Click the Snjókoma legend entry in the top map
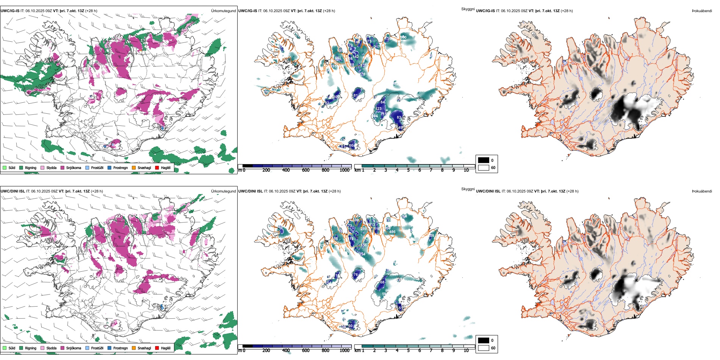(x=74, y=167)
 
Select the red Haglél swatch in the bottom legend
(x=157, y=348)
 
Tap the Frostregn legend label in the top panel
(x=120, y=167)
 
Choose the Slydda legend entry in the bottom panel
(x=51, y=348)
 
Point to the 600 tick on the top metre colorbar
(x=306, y=170)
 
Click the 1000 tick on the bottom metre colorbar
(x=344, y=351)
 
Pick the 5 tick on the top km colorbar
(x=409, y=170)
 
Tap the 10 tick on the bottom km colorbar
(x=466, y=351)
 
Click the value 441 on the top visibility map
(x=338, y=58)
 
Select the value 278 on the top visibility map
(x=362, y=74)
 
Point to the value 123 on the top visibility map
(x=379, y=109)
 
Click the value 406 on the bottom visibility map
(x=392, y=232)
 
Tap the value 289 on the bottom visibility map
(x=363, y=229)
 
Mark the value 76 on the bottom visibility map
(x=355, y=275)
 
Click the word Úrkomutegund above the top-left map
(x=223, y=11)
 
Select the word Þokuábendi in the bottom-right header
(x=702, y=191)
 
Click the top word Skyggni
(x=468, y=9)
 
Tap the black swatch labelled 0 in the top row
(x=484, y=160)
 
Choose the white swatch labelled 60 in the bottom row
(x=484, y=348)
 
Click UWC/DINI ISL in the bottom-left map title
(x=13, y=191)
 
